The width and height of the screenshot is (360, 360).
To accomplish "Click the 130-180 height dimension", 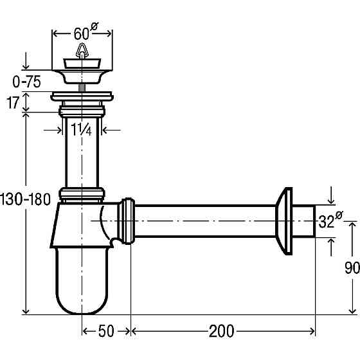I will coord(25,199).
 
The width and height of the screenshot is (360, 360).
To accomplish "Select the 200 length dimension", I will coord(221,331).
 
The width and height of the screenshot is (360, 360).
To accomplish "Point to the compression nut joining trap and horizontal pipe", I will coord(128,221).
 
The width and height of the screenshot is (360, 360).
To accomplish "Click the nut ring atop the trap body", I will coord(82,194).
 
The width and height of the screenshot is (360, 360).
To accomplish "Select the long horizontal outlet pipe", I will coord(206,221).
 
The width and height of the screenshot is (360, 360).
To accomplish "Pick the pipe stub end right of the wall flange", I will coord(305,221).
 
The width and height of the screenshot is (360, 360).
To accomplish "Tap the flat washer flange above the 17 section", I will coord(82,96).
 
